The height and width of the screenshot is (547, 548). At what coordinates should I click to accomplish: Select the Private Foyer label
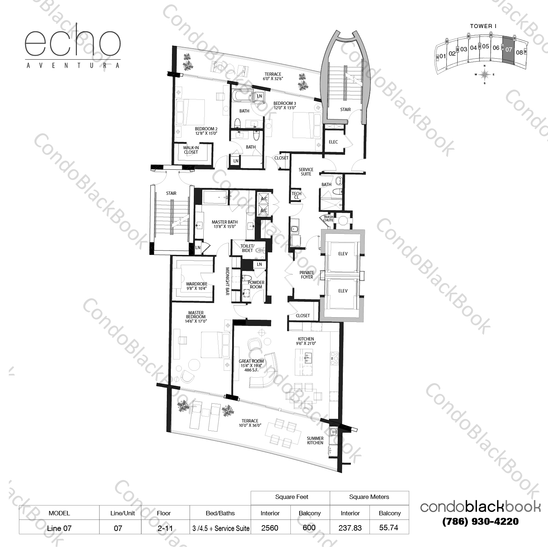(x=307, y=275)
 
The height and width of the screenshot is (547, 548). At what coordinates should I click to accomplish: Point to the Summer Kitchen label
(x=315, y=440)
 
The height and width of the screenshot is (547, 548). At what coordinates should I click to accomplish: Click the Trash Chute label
(x=328, y=219)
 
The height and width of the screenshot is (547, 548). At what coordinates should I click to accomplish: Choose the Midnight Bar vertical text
(x=227, y=281)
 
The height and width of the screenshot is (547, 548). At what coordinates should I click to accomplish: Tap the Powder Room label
(x=256, y=284)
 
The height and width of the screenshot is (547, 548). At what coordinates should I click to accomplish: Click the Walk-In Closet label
(x=191, y=150)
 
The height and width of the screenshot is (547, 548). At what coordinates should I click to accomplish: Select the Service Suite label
(x=306, y=172)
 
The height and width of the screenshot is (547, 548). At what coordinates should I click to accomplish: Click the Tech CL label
(x=296, y=196)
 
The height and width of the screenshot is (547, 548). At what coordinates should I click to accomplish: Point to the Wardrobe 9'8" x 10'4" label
(x=196, y=286)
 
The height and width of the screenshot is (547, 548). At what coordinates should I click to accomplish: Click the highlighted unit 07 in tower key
(x=508, y=50)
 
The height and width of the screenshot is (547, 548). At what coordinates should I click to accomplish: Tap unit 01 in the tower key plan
(x=442, y=56)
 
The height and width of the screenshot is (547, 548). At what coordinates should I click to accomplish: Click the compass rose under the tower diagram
(x=484, y=74)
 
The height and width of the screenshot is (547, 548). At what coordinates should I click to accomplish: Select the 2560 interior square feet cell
(x=270, y=528)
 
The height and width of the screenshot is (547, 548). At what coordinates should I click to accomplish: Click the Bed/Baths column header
(x=220, y=513)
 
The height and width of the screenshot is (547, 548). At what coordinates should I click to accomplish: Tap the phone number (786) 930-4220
(x=480, y=522)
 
